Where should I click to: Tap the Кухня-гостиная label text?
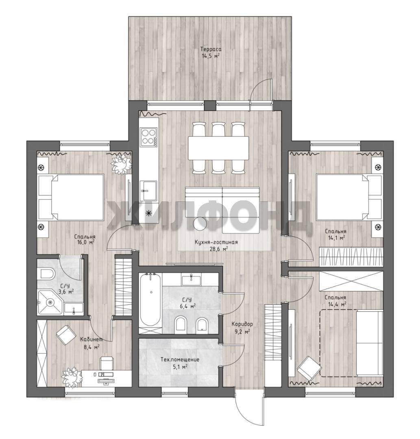(216, 242)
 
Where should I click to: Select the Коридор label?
(242, 324)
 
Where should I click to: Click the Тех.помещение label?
(180, 359)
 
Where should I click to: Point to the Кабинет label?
(91, 339)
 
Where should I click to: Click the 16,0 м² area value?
(86, 242)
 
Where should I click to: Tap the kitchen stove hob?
(149, 137)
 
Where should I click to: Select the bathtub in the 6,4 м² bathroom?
(151, 300)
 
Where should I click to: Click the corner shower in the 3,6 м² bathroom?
(50, 302)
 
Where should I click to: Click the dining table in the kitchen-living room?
(218, 148)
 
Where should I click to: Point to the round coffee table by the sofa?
(200, 224)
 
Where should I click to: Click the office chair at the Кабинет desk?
(107, 363)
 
